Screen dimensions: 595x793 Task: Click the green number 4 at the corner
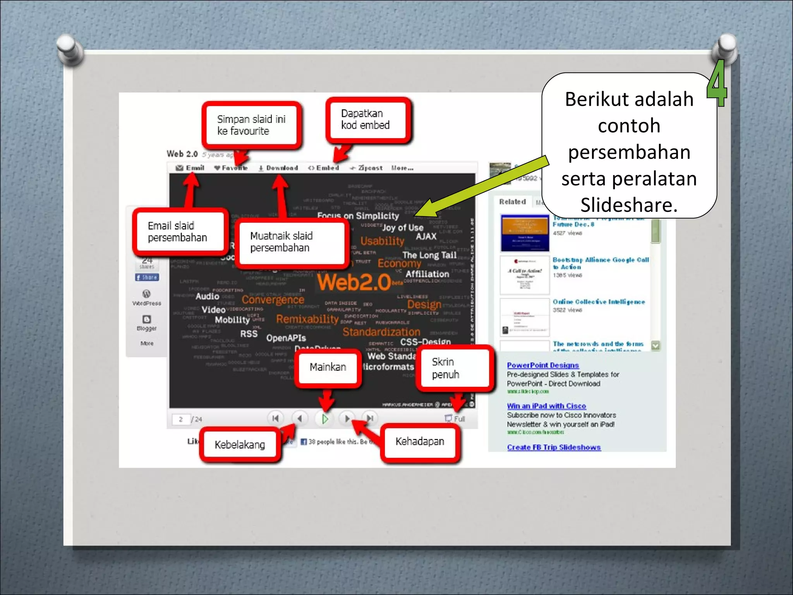point(717,83)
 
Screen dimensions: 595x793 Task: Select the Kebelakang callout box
point(240,445)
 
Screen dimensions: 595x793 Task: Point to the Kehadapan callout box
point(420,442)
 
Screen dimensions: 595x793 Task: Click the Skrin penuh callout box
point(454,368)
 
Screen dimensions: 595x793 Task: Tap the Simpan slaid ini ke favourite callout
point(251,125)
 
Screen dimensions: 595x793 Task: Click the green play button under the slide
point(325,419)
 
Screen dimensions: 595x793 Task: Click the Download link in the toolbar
point(279,168)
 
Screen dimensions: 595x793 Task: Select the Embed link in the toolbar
point(324,168)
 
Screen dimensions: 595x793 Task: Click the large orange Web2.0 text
point(354,282)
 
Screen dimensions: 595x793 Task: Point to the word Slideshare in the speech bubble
point(628,205)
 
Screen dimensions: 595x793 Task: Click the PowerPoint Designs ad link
point(542,365)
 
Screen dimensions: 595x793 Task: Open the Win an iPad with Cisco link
point(546,406)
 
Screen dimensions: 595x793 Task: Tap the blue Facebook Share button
point(147,277)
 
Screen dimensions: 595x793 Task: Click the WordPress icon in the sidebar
point(146,294)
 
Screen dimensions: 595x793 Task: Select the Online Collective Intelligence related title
point(598,302)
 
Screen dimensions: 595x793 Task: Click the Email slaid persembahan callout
point(179,232)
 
